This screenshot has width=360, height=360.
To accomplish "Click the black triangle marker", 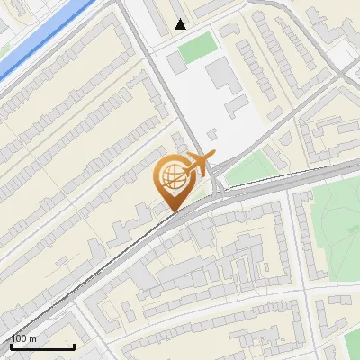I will click(181, 24).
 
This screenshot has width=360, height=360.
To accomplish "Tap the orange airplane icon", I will click(200, 164).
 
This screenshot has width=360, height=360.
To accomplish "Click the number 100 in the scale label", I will click(18, 338).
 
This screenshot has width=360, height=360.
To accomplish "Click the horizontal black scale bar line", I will click(42, 346).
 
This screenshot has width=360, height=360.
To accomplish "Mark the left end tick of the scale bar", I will click(11, 345).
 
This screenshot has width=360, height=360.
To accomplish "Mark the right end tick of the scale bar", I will click(74, 345).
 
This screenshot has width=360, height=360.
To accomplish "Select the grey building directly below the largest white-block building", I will click(236, 107).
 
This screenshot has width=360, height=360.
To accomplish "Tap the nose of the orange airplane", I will click(212, 157).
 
